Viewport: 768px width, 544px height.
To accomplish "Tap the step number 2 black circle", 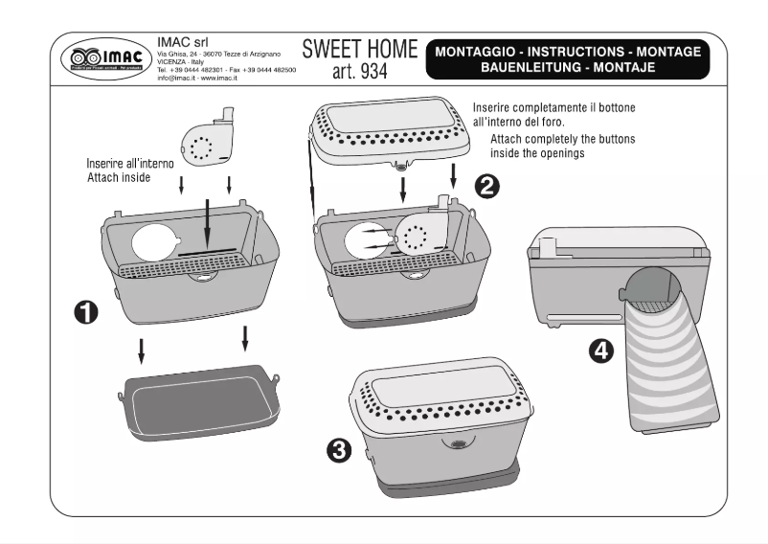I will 486,186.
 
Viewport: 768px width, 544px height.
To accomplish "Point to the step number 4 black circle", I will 600,351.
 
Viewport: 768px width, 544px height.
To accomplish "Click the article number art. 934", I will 359,72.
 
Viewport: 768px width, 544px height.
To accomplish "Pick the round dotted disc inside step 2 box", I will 418,235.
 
